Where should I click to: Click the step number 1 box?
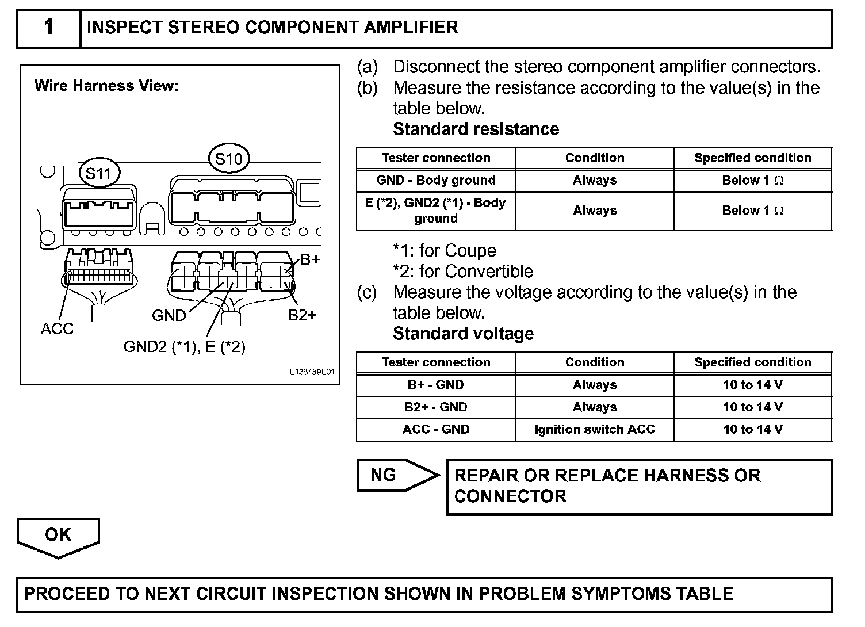(x=49, y=28)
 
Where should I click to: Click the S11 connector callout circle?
(x=99, y=173)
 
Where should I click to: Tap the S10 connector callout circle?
(x=229, y=158)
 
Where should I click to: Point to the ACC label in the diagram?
(x=58, y=328)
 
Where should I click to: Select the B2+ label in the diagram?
(x=302, y=315)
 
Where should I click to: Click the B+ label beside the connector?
(x=310, y=259)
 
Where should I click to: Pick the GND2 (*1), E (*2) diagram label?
(x=184, y=346)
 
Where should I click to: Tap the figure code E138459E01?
(x=312, y=373)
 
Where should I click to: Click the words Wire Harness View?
(x=106, y=86)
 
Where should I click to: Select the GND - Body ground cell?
(x=435, y=180)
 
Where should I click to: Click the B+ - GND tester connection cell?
(x=435, y=385)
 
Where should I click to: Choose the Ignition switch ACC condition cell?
(x=594, y=429)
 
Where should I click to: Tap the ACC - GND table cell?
(x=435, y=429)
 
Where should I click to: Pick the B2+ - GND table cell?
(x=435, y=407)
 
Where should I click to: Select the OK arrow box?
(x=58, y=536)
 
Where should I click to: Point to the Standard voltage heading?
(x=463, y=334)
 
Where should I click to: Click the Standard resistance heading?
(x=476, y=129)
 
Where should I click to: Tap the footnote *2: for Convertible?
(x=463, y=271)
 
